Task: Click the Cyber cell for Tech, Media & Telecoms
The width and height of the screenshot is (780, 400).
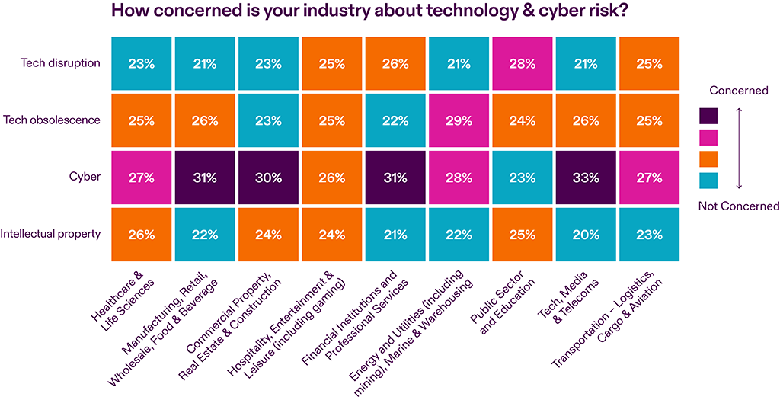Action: (x=585, y=177)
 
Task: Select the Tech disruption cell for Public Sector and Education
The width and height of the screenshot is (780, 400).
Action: (x=522, y=63)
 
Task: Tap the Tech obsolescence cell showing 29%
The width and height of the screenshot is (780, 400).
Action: (x=459, y=120)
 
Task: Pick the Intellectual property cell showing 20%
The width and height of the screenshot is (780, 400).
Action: (x=585, y=234)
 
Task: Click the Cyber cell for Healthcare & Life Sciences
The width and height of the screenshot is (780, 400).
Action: (x=141, y=177)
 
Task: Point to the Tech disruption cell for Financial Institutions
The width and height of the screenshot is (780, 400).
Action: (x=395, y=63)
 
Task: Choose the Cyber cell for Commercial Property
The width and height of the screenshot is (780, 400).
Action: (x=268, y=177)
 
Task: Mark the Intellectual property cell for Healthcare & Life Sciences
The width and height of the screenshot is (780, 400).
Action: (x=141, y=234)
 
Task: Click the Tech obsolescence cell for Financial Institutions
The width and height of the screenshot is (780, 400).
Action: (x=395, y=120)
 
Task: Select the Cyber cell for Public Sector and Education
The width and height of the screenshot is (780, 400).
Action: (x=522, y=177)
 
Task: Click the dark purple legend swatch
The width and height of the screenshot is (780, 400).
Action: (x=708, y=115)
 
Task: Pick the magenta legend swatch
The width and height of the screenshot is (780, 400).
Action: (x=708, y=137)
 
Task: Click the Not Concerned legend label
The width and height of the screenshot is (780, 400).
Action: (x=738, y=206)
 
